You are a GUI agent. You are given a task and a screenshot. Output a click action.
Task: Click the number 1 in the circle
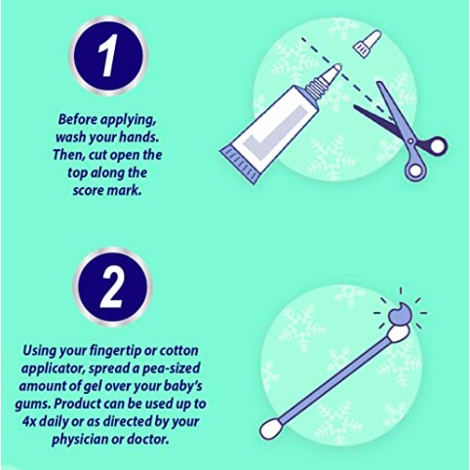(108, 57)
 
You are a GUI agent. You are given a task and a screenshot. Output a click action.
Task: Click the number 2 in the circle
(111, 289)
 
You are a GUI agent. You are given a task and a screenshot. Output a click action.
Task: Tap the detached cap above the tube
(367, 43)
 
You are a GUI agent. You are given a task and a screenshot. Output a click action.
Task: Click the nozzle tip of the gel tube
(337, 67)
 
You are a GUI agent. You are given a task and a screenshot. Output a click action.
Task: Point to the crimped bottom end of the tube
(240, 166)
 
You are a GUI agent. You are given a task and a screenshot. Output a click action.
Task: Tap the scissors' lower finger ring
(415, 170)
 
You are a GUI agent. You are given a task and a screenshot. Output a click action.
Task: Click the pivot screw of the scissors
(411, 140)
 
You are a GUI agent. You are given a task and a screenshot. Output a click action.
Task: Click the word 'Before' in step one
(77, 120)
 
